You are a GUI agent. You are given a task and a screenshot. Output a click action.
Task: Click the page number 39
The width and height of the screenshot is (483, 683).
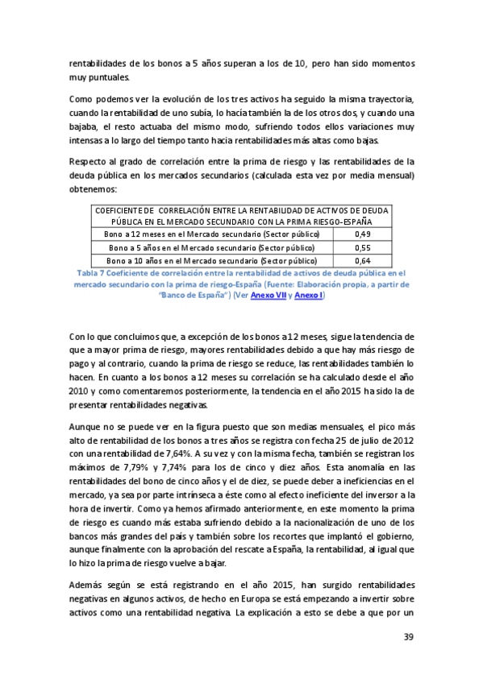tap(408, 638)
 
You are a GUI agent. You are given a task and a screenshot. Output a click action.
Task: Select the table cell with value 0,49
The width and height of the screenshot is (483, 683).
tap(362, 234)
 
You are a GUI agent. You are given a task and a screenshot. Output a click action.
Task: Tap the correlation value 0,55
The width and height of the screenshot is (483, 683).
tap(362, 247)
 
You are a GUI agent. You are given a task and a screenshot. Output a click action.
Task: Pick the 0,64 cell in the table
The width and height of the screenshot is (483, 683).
tap(362, 261)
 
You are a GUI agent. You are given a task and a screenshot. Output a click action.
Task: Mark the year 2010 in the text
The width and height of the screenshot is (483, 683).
tap(79, 375)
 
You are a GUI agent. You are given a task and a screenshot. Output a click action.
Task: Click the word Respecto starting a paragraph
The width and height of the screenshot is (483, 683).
tap(88, 161)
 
